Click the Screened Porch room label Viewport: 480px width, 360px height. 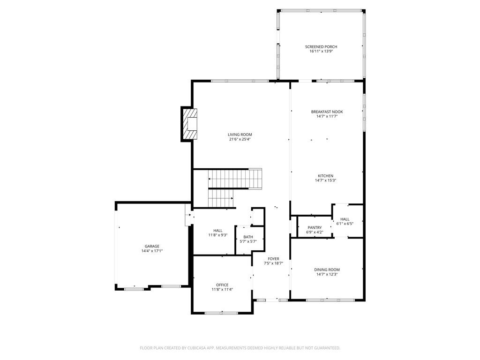click(x=321, y=47)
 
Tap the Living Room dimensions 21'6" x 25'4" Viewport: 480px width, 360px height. click(x=240, y=139)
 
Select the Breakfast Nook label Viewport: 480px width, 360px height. click(x=327, y=112)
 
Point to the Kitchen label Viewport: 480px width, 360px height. click(x=325, y=176)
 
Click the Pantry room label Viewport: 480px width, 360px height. click(x=315, y=227)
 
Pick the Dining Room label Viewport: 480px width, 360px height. click(x=327, y=270)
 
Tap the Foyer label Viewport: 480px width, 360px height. click(x=273, y=259)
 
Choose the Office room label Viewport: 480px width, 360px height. click(x=222, y=285)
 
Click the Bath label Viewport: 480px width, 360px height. click(x=248, y=237)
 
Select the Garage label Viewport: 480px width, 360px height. click(x=152, y=246)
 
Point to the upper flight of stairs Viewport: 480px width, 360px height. click(x=235, y=179)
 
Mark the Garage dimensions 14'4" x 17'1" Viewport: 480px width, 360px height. click(x=152, y=251)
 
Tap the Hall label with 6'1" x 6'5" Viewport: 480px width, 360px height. click(x=345, y=219)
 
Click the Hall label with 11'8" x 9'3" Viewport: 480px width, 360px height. click(x=218, y=231)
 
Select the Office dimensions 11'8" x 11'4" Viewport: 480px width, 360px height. click(x=222, y=290)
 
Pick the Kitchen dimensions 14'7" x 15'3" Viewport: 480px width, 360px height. click(x=325, y=180)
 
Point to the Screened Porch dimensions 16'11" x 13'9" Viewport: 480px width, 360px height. click(x=321, y=52)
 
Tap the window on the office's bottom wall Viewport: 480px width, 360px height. click(x=221, y=313)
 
